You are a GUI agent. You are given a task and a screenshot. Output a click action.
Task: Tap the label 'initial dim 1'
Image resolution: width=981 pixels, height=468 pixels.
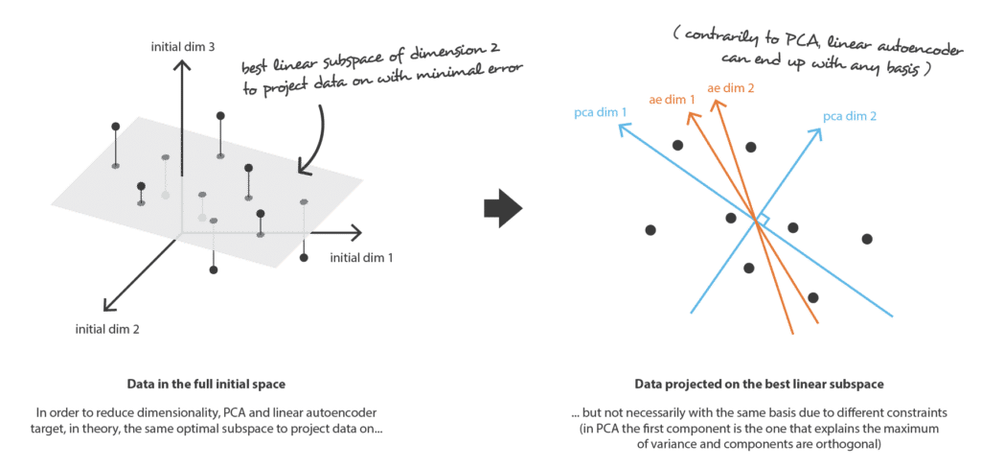[x=361, y=257]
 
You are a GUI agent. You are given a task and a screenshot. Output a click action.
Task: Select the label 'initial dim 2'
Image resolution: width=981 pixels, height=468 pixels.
[x=107, y=328]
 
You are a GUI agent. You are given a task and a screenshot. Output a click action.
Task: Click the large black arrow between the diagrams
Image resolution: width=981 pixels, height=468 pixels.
[x=503, y=209]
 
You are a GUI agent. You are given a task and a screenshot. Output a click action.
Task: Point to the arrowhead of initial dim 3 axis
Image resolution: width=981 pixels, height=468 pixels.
[x=181, y=65]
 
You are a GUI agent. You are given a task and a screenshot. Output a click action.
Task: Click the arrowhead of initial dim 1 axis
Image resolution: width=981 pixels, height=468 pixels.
[x=355, y=233]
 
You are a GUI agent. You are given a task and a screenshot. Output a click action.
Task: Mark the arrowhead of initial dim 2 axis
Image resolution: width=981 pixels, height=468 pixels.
[x=110, y=304]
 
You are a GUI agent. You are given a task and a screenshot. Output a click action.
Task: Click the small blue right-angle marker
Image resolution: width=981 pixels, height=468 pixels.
[x=763, y=219]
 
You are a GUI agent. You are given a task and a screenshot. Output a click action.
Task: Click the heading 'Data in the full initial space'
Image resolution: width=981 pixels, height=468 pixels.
[x=207, y=384]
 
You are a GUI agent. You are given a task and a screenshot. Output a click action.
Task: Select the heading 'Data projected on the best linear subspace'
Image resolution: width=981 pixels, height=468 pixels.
[x=759, y=384]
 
